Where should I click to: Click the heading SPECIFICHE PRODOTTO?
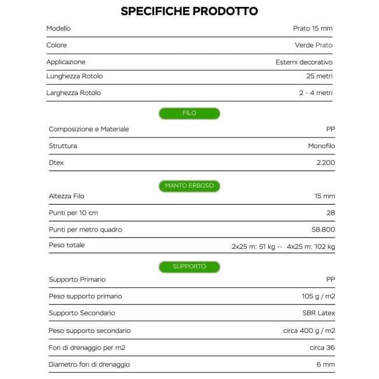189,11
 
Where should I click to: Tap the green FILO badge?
189,113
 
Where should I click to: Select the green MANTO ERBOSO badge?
189,186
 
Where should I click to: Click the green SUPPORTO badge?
189,266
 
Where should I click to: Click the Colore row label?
57,45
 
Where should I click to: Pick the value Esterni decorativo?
304,62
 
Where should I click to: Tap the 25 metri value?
320,76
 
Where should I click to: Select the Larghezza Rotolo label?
73,93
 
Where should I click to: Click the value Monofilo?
321,146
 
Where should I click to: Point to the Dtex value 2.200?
325,163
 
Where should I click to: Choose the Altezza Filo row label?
66,196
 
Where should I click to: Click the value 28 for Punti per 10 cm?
331,213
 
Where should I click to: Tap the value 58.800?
324,230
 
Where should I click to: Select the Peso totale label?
66,245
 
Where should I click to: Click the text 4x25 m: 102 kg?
311,247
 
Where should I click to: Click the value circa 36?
322,348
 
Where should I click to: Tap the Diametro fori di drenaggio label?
89,364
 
